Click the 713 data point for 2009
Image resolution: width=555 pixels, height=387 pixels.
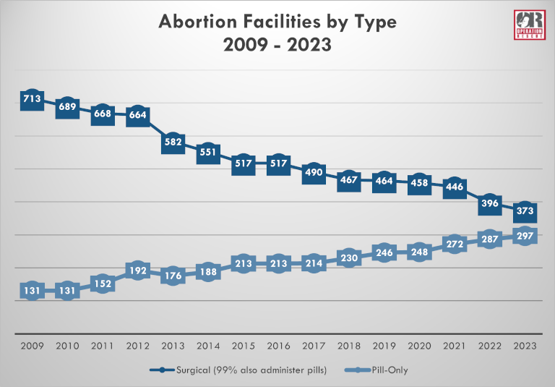click(x=32, y=99)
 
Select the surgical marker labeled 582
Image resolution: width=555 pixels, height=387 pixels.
click(x=173, y=143)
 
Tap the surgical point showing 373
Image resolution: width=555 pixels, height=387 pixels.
click(x=526, y=211)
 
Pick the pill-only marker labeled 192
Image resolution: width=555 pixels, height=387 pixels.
click(x=137, y=271)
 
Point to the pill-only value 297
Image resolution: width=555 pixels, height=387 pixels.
click(x=526, y=237)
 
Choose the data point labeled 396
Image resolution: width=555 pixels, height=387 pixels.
click(x=491, y=204)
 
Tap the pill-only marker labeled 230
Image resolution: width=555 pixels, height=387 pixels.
click(x=349, y=259)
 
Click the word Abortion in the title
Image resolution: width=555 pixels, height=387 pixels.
click(x=200, y=22)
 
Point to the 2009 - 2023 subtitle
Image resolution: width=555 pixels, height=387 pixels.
click(x=277, y=46)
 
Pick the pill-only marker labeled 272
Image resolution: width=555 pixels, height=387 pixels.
click(x=455, y=243)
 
